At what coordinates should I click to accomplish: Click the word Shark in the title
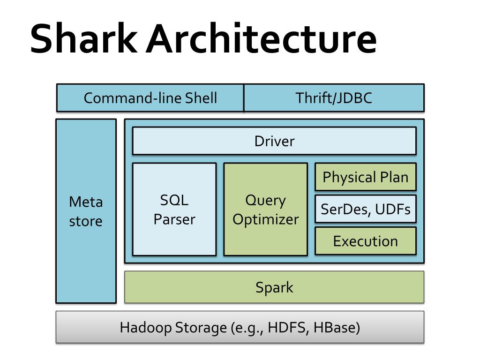[84, 38]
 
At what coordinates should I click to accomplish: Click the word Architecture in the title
[262, 38]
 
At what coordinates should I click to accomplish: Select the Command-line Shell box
[150, 97]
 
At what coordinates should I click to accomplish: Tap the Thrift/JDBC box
[334, 97]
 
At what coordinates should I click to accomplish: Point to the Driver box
[274, 141]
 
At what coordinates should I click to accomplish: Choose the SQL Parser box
[174, 210]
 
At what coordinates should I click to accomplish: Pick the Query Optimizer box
[266, 210]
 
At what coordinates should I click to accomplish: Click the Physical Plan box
[366, 177]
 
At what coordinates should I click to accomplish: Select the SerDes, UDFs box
[366, 209]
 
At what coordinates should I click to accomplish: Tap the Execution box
[366, 241]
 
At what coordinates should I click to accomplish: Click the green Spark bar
[274, 287]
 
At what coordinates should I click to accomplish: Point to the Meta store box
[86, 211]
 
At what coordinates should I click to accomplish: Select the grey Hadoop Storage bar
[240, 327]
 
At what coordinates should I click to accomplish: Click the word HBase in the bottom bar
[337, 327]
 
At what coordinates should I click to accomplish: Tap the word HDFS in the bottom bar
[288, 327]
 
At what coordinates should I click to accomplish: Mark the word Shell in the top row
[201, 98]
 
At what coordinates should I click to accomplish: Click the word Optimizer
[266, 220]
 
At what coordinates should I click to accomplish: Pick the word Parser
[174, 219]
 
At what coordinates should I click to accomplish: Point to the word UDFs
[393, 210]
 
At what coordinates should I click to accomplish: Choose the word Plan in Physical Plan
[394, 177]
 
